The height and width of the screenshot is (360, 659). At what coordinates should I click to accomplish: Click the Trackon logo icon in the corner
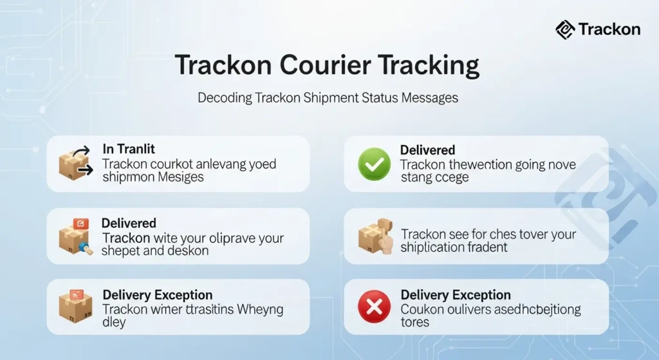[x=564, y=29]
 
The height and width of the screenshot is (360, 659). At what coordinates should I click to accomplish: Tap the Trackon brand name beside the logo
[x=609, y=29]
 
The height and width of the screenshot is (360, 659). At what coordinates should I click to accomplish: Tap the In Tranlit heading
[x=128, y=149]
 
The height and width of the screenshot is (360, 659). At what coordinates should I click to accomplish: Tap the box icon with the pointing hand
[x=376, y=237]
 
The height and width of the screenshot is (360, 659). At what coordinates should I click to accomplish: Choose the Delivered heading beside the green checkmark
[x=427, y=150]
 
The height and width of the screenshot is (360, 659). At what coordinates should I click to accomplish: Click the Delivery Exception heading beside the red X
[x=455, y=295]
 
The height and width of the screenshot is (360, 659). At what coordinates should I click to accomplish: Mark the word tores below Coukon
[x=414, y=322]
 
